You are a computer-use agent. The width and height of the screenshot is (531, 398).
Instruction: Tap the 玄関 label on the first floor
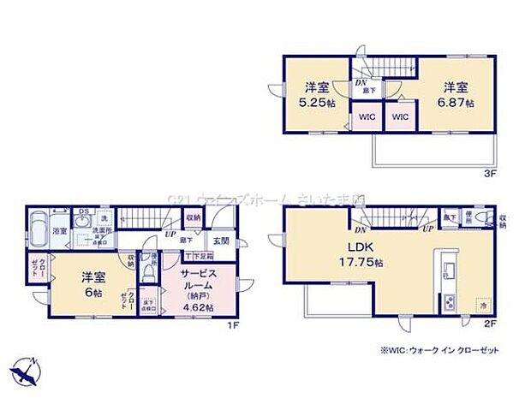220,241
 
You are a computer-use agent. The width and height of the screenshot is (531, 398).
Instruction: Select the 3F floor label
488,172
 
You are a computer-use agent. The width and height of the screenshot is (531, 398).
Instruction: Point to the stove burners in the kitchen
447,301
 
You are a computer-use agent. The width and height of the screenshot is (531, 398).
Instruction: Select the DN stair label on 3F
360,83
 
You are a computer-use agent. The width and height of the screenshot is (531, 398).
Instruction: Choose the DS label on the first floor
82,212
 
